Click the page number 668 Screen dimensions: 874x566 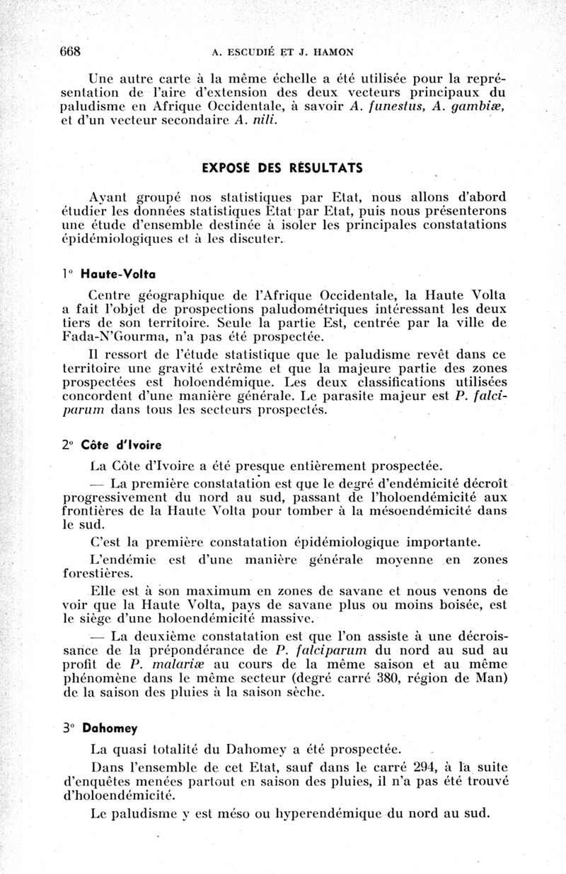tap(71, 51)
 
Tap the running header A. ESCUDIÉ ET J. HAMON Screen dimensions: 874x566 tap(284, 52)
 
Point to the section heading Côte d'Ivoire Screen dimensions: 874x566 tap(122, 445)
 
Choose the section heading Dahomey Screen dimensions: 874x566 tap(109, 728)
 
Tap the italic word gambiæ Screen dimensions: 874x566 tap(478, 106)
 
